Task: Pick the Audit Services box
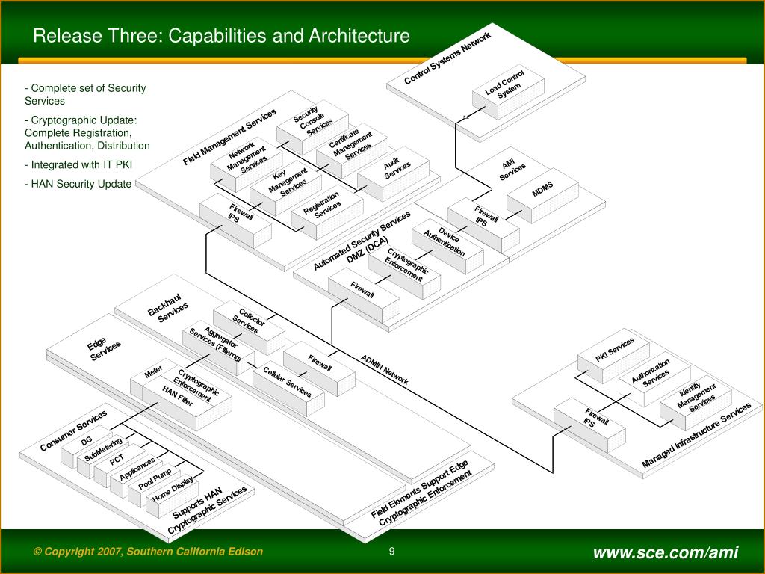394,170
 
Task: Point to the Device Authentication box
445,242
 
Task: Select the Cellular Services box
287,383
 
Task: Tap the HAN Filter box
178,397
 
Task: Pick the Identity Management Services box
696,396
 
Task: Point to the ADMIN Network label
385,369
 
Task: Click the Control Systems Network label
447,59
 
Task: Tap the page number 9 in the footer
391,552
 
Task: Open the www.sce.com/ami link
666,552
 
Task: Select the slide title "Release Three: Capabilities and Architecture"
221,36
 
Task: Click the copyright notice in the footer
148,552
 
